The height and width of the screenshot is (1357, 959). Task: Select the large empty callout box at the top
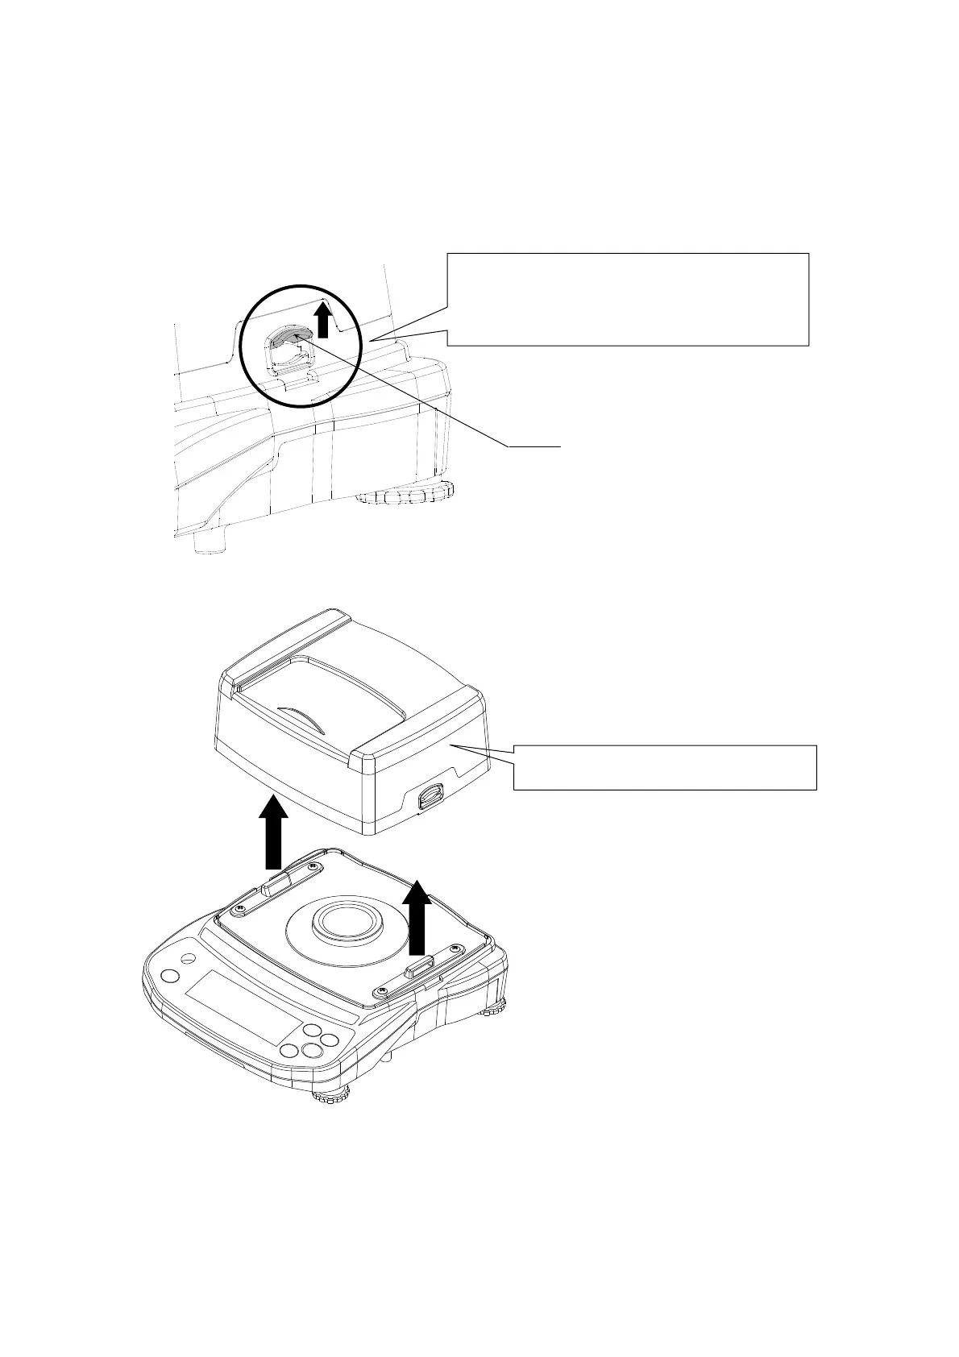pyautogui.click(x=628, y=298)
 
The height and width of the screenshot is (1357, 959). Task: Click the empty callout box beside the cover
pyautogui.click(x=665, y=767)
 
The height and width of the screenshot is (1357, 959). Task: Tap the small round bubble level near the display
pyautogui.click(x=187, y=959)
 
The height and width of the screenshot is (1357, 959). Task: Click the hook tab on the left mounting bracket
pyautogui.click(x=275, y=886)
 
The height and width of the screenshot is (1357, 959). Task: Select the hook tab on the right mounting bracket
pyautogui.click(x=419, y=965)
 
